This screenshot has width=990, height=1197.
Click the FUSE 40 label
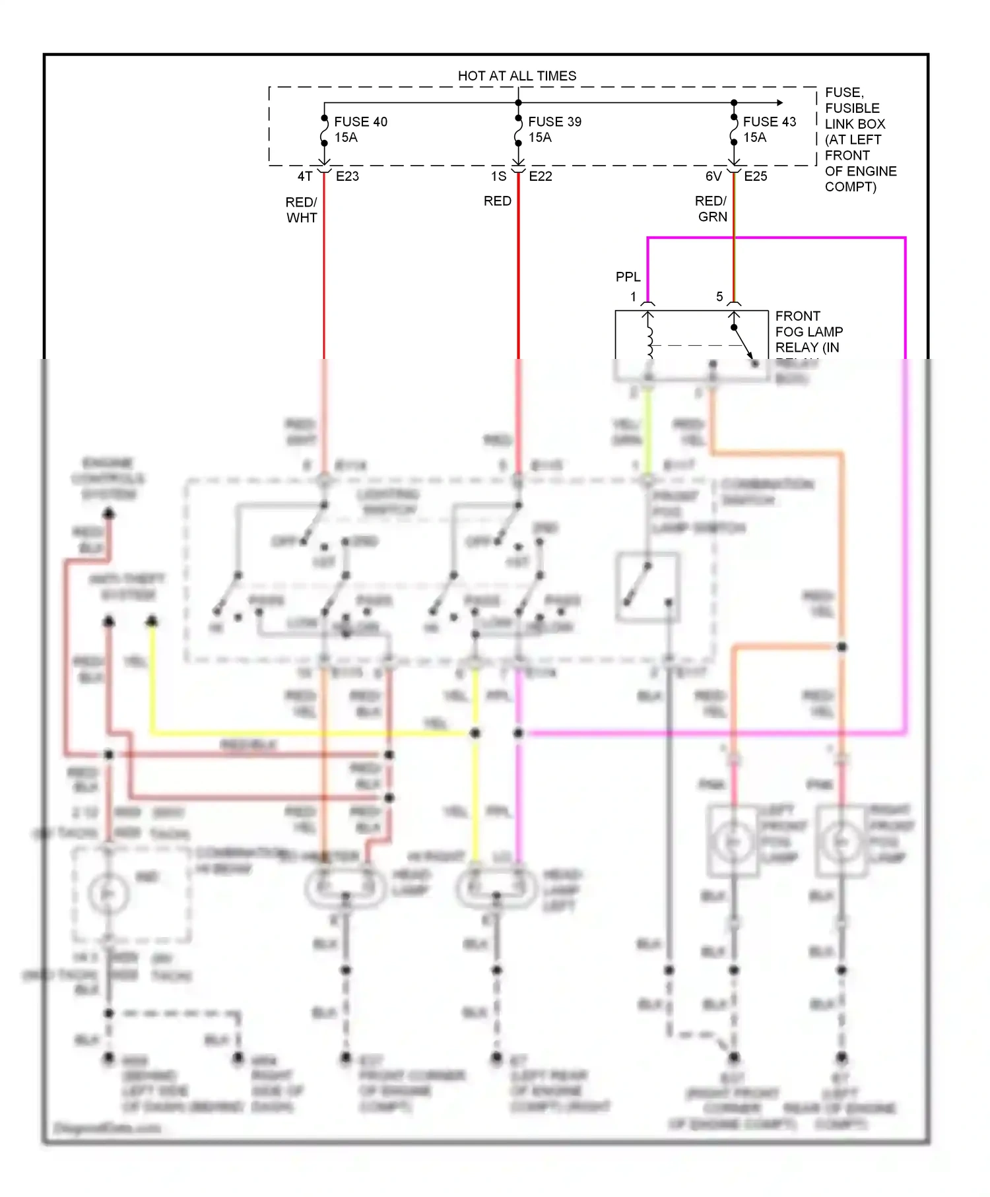click(360, 122)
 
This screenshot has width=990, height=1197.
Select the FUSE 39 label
click(554, 122)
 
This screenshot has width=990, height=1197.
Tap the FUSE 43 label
click(770, 122)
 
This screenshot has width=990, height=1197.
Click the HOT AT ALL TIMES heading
click(517, 76)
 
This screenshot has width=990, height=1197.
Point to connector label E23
click(347, 176)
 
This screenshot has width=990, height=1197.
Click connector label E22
click(541, 176)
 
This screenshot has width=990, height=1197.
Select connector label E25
click(756, 176)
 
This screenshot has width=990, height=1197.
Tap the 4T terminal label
click(304, 176)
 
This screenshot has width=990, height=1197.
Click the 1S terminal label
click(498, 176)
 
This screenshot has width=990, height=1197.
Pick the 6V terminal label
click(713, 176)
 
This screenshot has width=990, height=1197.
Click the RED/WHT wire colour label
click(302, 210)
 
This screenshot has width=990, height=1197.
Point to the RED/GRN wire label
click(711, 209)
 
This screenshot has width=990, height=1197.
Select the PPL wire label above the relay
click(628, 277)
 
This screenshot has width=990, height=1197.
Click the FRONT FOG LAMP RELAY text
click(808, 332)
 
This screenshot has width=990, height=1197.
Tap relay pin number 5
click(719, 297)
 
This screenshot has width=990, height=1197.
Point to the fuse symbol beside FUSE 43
click(734, 130)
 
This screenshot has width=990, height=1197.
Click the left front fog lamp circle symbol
click(733, 842)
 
